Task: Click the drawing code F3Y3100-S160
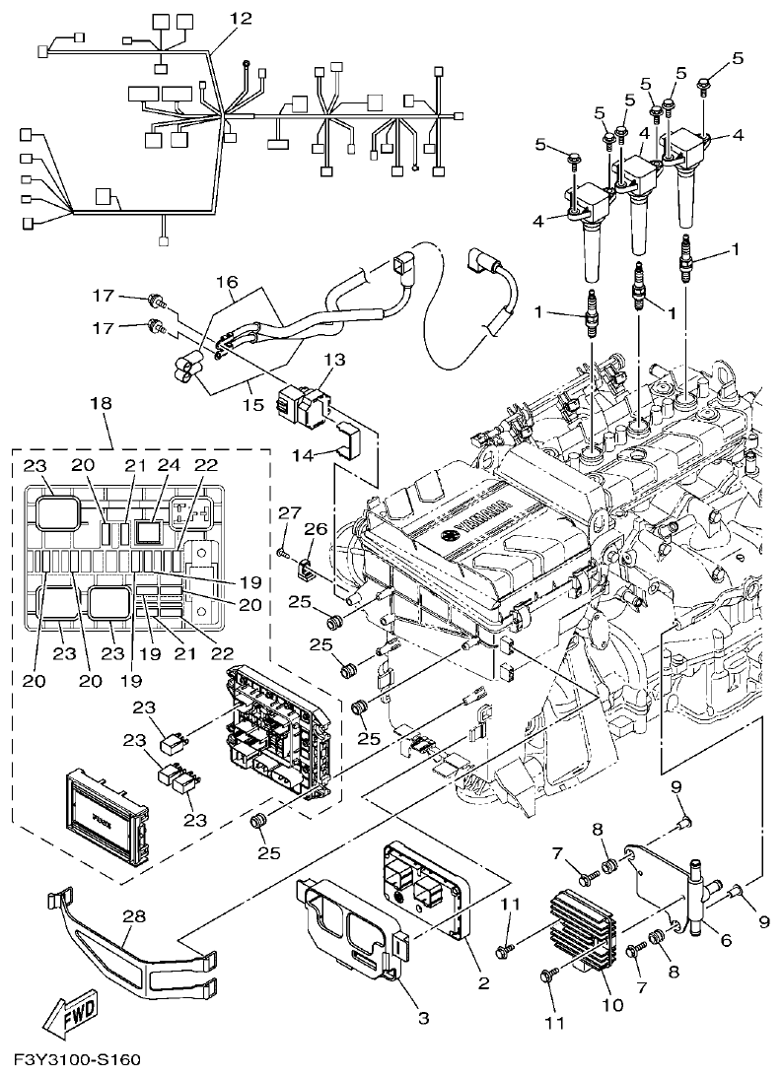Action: point(78,1060)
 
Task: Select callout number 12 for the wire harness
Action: point(241,18)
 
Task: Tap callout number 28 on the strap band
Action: point(134,915)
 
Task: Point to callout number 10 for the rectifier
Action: point(612,1005)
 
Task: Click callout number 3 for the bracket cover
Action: point(423,1018)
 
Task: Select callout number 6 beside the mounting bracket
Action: point(726,940)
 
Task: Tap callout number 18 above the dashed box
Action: point(101,403)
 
